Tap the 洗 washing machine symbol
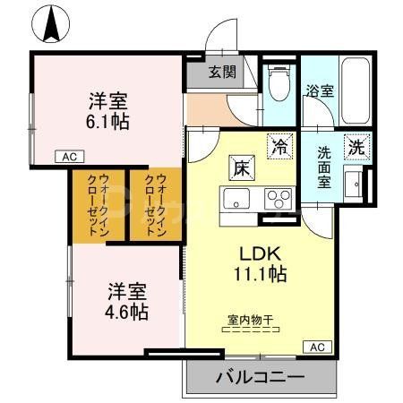[x=357, y=147]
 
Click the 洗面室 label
[x=323, y=164]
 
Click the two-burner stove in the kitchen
[x=279, y=198]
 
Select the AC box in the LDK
[x=319, y=346]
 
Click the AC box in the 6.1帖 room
[x=70, y=156]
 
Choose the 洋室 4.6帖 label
[x=129, y=304]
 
